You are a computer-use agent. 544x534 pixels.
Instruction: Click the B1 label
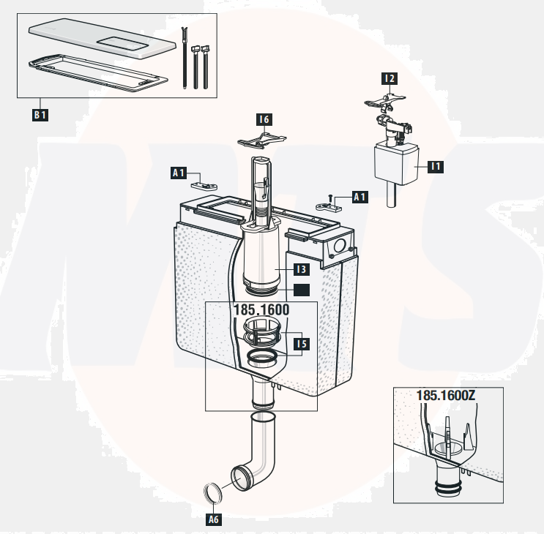point(40,115)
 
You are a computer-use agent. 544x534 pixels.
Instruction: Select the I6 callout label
point(264,119)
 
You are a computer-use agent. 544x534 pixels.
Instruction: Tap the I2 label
point(390,78)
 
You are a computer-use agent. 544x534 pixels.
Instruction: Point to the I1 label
point(436,167)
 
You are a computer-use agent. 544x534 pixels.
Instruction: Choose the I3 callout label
point(301,270)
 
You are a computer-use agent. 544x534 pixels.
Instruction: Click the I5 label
point(301,342)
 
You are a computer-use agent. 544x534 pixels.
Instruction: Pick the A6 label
point(213,519)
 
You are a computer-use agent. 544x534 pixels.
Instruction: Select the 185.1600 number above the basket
point(261,309)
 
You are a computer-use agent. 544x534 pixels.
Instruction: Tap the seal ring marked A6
point(212,492)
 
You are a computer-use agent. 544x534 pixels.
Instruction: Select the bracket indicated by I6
point(262,139)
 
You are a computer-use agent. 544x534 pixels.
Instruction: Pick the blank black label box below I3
point(301,290)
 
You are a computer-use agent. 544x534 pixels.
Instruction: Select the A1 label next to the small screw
point(359,197)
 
